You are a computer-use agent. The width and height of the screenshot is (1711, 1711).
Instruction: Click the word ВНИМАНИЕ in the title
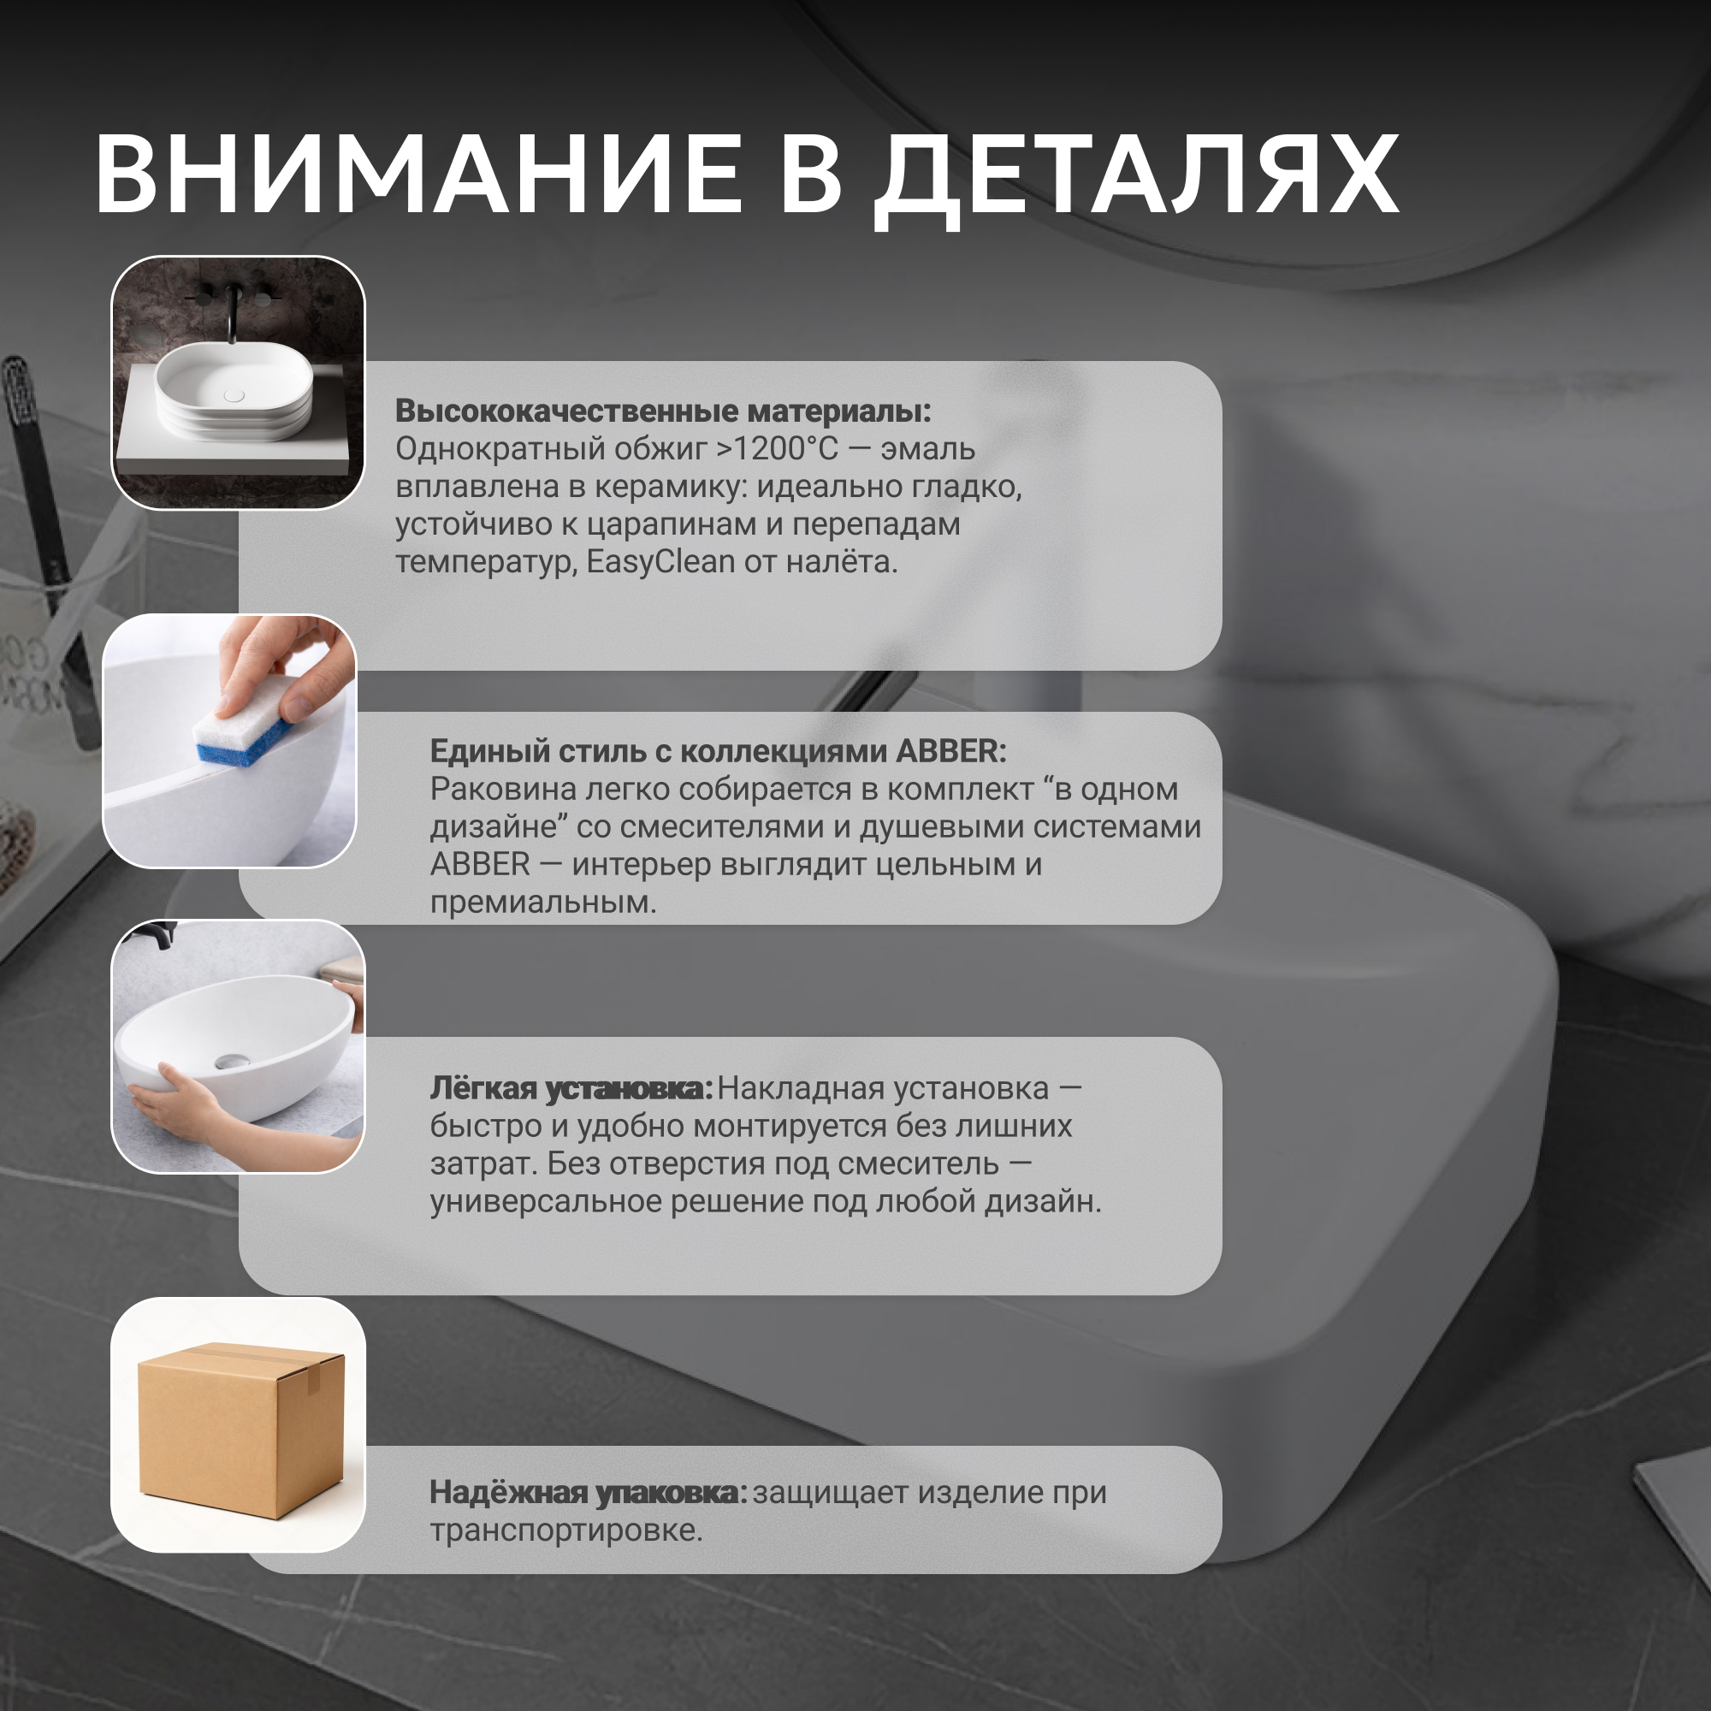pos(418,175)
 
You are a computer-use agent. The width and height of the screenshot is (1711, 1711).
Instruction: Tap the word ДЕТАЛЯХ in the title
pos(1136,181)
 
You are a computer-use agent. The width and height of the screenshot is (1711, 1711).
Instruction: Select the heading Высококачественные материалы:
pos(663,411)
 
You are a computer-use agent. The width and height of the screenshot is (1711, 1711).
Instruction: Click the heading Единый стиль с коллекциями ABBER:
pos(719,751)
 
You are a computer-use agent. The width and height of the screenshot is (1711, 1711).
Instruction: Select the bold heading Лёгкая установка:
pos(571,1089)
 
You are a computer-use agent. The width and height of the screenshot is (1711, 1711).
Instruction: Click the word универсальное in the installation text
pos(545,1202)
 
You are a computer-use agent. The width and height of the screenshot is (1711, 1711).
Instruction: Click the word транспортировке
pos(565,1530)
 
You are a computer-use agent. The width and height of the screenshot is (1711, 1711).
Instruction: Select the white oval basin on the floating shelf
pos(234,394)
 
